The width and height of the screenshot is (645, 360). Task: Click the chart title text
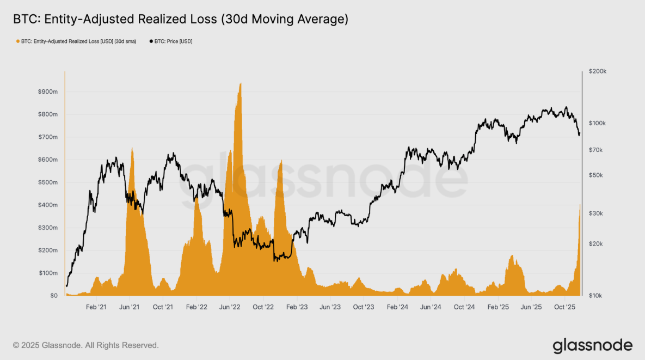(180, 20)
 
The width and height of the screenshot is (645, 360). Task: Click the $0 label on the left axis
(52, 296)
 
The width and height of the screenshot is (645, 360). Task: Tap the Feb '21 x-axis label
(96, 307)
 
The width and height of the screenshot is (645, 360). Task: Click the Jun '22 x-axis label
(230, 307)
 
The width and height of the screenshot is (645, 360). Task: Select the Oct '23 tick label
(363, 307)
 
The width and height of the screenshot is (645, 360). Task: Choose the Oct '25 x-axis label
(564, 307)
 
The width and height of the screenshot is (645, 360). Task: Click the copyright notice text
(86, 345)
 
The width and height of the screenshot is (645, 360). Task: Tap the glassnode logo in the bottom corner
(592, 345)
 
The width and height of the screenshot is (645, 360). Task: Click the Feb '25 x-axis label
(497, 307)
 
